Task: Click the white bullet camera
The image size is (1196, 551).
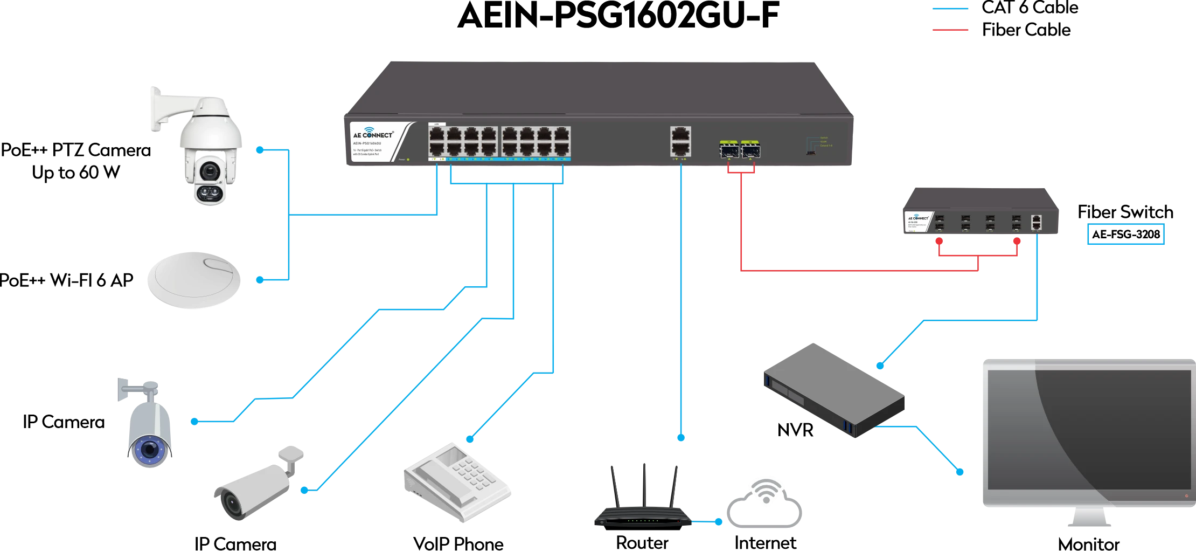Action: pos(253,485)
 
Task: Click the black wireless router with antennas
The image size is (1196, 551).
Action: pos(641,507)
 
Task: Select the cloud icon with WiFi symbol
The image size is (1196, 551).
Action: pos(765,504)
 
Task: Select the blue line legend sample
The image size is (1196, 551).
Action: pos(950,9)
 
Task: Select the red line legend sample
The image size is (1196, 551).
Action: pos(950,30)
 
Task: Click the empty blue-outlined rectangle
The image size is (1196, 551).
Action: pos(1127,233)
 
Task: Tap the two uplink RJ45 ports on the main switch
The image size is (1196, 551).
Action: pos(681,141)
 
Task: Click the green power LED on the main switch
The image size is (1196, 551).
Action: pos(408,159)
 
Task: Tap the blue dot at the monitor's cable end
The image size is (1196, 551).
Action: pos(960,472)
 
